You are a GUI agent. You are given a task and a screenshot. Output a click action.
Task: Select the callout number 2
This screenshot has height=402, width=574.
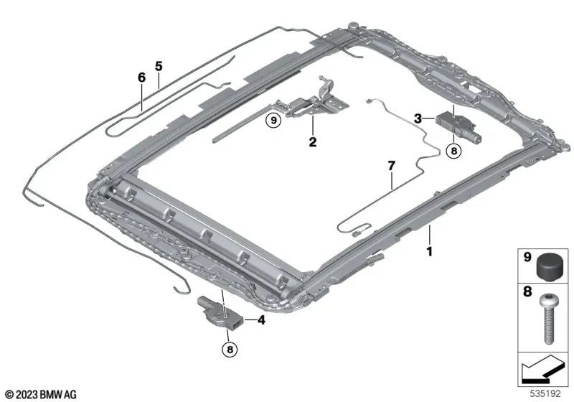click(312, 141)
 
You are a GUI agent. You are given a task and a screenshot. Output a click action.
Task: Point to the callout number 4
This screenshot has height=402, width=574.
click(261, 320)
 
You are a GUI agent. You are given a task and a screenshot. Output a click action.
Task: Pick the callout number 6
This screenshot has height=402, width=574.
click(141, 77)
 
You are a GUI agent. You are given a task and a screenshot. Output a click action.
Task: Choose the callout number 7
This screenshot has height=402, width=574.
click(391, 166)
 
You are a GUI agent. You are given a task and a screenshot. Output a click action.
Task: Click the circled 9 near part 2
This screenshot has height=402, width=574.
click(273, 120)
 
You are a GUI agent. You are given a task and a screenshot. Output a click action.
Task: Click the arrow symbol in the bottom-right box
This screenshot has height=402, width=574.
click(542, 372)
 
